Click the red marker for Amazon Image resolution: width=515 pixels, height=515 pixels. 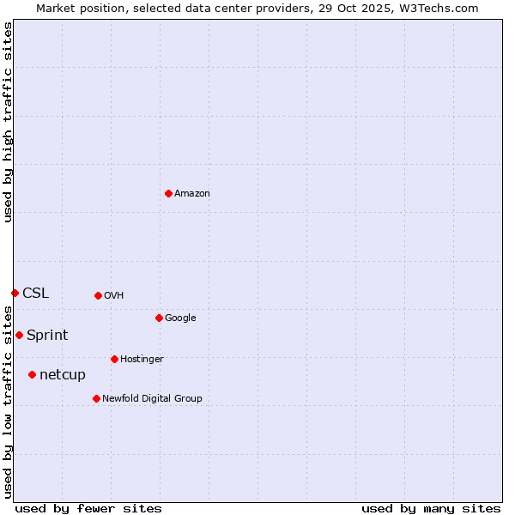point(168,193)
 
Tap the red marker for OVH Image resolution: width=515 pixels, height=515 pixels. point(98,295)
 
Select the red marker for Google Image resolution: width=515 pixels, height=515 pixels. point(159,318)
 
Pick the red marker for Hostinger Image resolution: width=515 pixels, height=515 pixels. point(114,359)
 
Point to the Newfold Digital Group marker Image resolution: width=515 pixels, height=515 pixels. point(96,398)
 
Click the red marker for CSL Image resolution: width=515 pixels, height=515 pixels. point(15,293)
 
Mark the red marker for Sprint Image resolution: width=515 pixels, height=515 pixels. point(19,335)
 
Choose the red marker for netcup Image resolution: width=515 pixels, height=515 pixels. point(32,374)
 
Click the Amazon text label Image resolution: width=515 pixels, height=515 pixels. point(192,194)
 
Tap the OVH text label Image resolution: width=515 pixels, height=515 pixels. point(114,296)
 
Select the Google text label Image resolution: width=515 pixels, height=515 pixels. point(180,318)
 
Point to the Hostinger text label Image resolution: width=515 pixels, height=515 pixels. point(142,360)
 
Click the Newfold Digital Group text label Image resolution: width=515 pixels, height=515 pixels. point(152,399)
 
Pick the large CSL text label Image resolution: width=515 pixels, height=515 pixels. point(36,294)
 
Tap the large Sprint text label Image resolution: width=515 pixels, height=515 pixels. point(47,336)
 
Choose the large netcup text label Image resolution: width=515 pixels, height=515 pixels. point(63,375)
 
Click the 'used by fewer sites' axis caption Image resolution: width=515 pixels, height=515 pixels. point(88,509)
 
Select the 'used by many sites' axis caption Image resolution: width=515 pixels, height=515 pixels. point(431,509)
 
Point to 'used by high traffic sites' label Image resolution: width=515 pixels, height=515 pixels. point(9,122)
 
